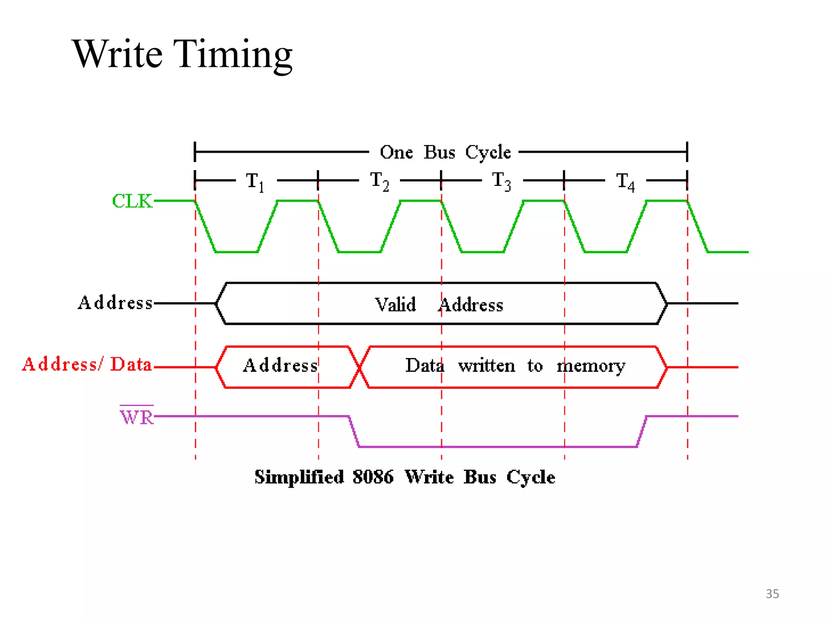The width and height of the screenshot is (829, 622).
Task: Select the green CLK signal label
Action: coord(132,201)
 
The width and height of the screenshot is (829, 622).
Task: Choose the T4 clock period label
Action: coord(625,181)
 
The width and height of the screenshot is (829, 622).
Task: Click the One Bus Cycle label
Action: coord(445,153)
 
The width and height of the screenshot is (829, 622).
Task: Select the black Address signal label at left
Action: coord(115,303)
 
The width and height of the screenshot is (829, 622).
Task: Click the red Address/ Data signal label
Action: coord(87,364)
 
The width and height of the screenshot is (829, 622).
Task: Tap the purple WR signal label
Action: coord(137,417)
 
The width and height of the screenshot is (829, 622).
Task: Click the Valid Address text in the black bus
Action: coord(439,305)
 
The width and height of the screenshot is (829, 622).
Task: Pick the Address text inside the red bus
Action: coord(280,366)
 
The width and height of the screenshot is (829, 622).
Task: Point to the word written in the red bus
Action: coord(487,366)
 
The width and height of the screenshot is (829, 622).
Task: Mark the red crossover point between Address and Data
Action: coord(359,367)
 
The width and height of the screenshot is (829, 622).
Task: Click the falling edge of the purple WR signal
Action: coord(354,432)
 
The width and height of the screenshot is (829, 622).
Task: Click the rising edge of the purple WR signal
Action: coord(642,432)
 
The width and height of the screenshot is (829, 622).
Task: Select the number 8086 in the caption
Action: coord(373,477)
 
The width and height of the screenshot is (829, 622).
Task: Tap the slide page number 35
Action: coord(772,594)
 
